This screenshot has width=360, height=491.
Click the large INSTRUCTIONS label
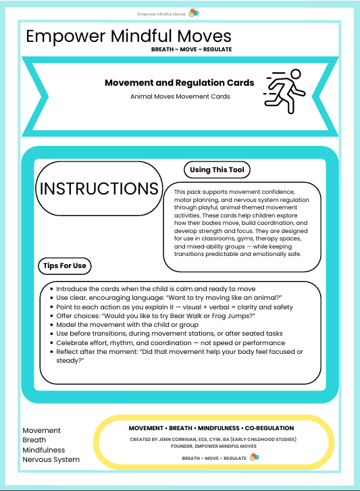pos(99,188)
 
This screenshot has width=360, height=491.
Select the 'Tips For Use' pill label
pos(64,265)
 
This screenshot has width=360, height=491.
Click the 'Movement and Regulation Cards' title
pos(179,82)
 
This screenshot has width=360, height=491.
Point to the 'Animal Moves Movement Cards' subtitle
pos(180,97)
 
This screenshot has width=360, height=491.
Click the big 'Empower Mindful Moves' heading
pos(128,36)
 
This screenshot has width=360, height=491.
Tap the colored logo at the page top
pos(194,13)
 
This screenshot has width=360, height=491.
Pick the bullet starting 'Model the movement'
pos(132,324)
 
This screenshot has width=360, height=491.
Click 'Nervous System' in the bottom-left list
pos(51,459)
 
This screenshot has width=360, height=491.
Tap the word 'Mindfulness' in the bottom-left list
pos(44,450)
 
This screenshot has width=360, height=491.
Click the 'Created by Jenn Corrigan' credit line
pos(211,438)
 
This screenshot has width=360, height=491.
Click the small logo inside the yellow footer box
pos(253,457)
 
